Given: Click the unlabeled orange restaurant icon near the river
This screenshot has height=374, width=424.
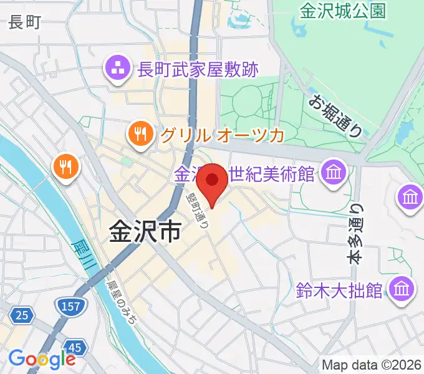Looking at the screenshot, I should coord(65,166).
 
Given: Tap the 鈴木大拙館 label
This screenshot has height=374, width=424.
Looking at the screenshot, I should coord(340,289).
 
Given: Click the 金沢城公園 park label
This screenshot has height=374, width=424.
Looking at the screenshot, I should coord(342,11).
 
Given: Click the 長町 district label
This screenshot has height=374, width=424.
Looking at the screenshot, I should coord(25,24).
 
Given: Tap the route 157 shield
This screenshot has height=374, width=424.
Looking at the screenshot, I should coord(67,305).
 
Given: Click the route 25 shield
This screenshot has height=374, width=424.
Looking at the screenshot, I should coord(21,315).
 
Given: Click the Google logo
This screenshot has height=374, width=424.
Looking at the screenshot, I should coord(42,358).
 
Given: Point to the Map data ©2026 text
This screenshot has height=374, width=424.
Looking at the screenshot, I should coord(371,365).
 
